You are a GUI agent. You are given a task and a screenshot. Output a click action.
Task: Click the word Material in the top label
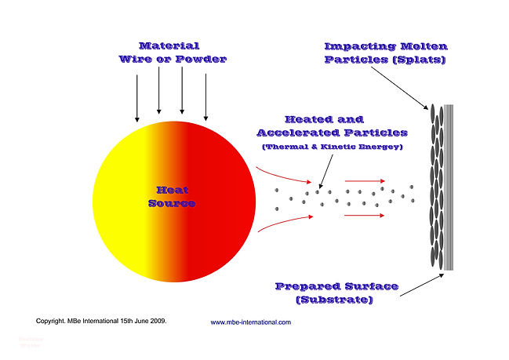tap(169, 46)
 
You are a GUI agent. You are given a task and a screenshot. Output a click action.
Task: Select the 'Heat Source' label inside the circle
tap(171, 197)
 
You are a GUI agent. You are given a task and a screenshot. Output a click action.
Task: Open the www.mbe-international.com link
tap(250, 322)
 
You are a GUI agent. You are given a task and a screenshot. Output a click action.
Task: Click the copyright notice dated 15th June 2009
tap(101, 321)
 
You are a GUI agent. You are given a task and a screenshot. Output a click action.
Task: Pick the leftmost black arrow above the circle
tap(137, 98)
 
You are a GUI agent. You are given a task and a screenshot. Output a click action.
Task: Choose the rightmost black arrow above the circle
tap(205, 98)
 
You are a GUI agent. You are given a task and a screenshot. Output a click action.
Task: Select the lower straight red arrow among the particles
tap(363, 215)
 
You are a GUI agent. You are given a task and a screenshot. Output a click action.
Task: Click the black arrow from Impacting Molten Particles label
tap(401, 87)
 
